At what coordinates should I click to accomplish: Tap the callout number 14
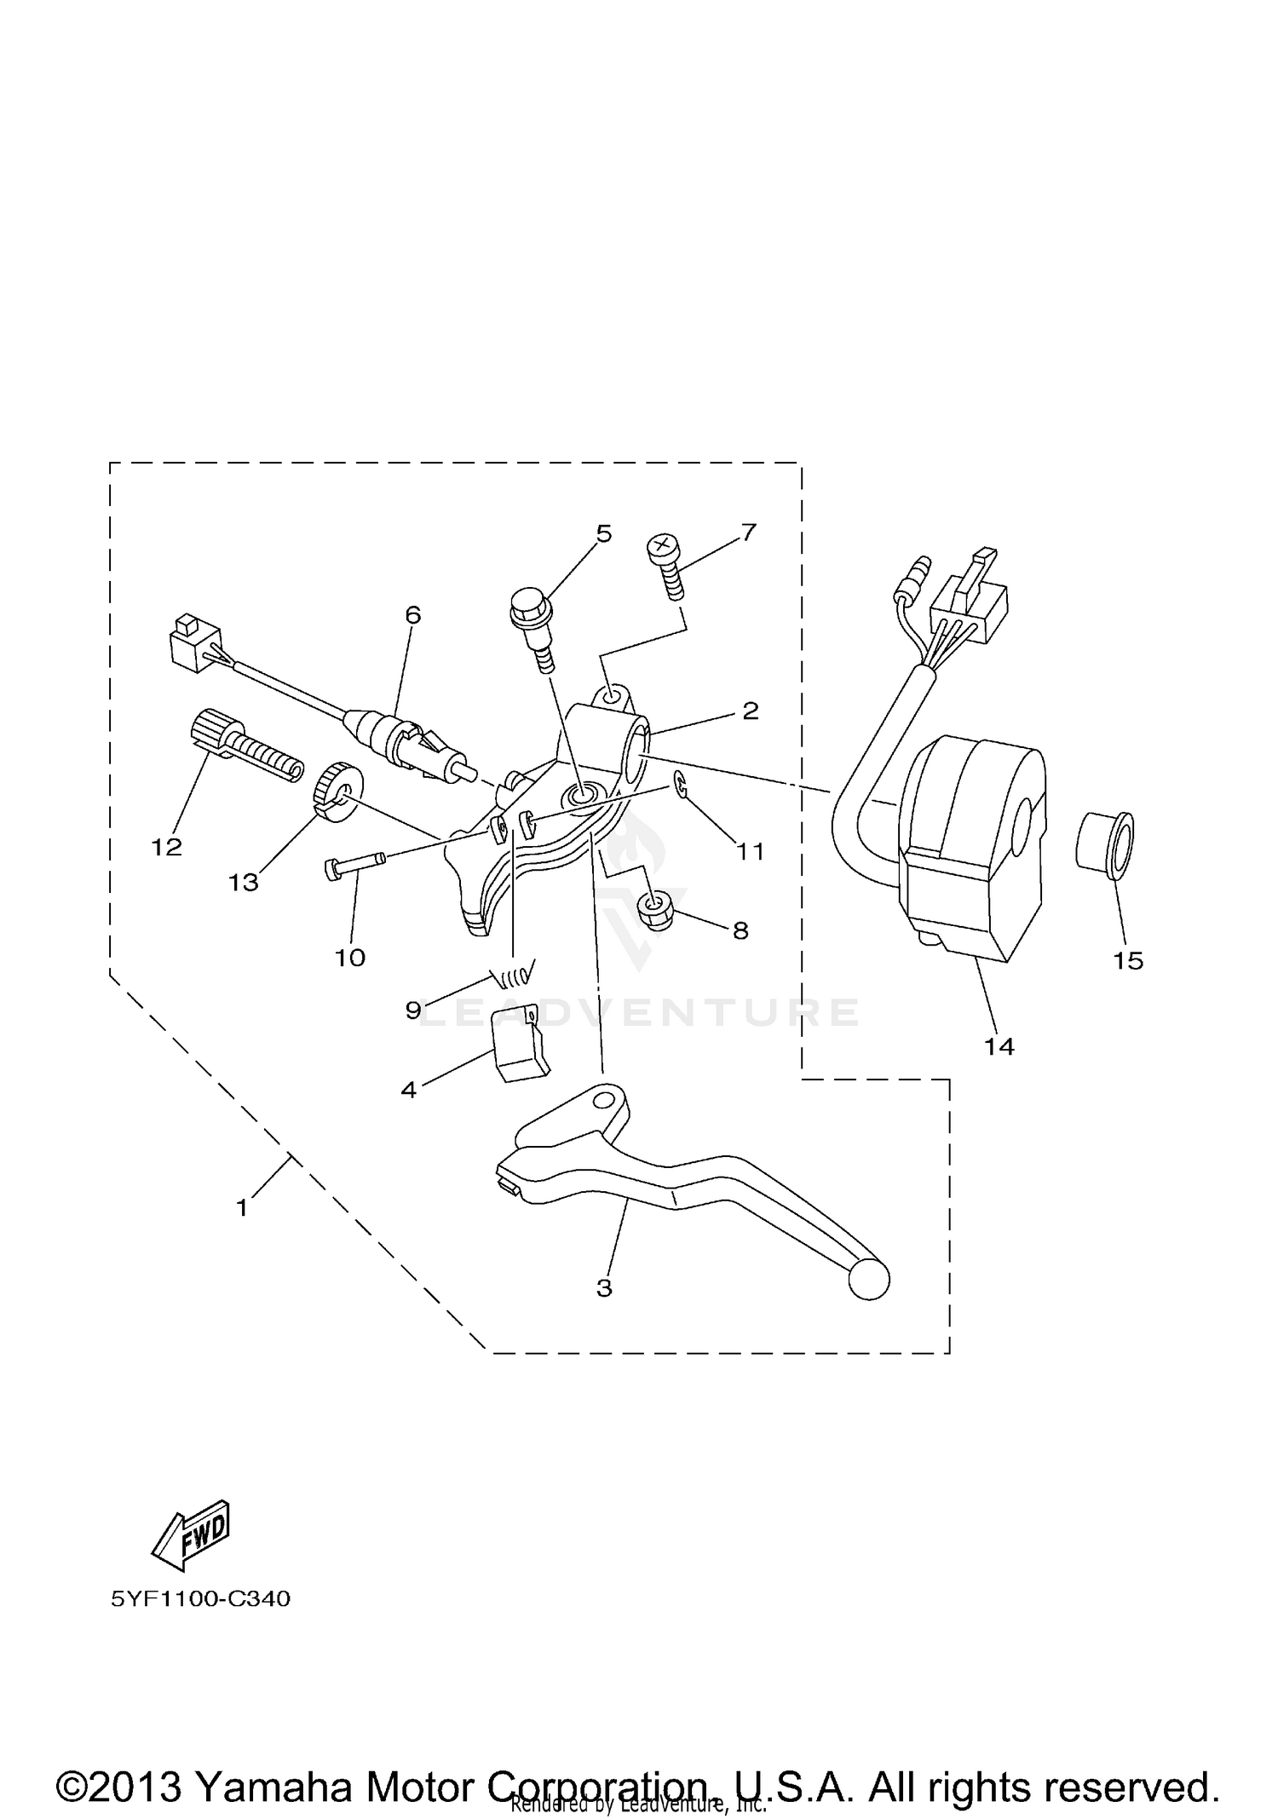coord(999,1047)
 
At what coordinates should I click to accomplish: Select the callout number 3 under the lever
coord(604,1288)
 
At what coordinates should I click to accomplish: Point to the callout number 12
coord(167,847)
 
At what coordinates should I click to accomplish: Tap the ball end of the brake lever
coord(869,1304)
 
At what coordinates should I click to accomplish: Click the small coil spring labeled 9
coord(514,969)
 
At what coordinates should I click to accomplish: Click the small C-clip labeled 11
coord(681,784)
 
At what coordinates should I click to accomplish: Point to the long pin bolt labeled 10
coord(354,863)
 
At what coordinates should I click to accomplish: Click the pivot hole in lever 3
coord(604,1100)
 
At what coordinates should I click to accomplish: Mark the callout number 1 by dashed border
coord(242,1207)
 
